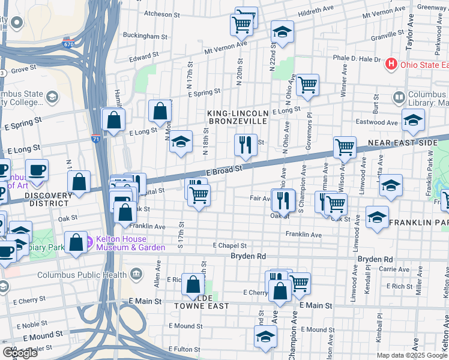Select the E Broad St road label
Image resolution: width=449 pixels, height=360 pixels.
[224, 170]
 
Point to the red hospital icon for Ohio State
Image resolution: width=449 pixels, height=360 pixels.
[391, 64]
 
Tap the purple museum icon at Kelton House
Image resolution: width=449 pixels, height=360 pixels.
[90, 242]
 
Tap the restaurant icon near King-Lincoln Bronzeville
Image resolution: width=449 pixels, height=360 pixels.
[246, 143]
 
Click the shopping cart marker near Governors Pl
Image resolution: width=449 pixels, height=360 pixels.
[307, 85]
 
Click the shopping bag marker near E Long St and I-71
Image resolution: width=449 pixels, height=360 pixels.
[113, 119]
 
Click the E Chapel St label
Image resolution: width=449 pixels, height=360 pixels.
[230, 245]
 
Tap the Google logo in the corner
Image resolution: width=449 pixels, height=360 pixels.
[20, 353]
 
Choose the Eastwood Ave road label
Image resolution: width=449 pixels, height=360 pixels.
[376, 122]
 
